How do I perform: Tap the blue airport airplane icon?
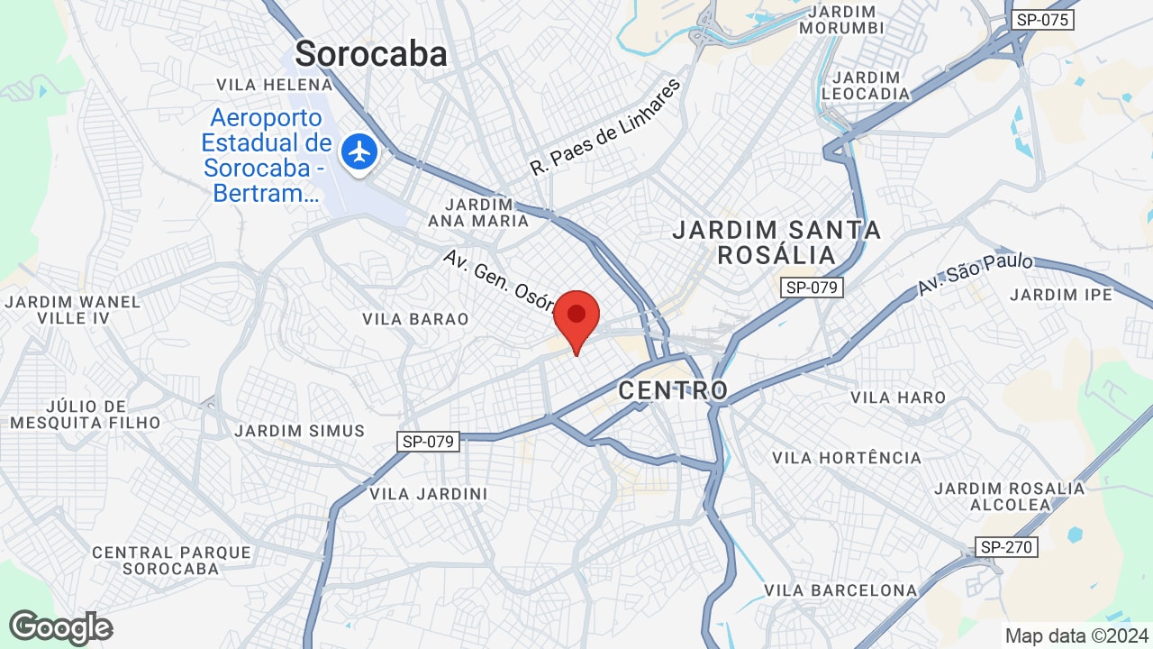point(360,151)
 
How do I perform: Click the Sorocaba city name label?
point(371,54)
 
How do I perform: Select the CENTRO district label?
point(673,390)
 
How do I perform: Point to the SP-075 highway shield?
point(1043,19)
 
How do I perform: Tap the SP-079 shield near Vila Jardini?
point(429,442)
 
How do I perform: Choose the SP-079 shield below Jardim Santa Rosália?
point(812,288)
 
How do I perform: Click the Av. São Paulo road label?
point(976,275)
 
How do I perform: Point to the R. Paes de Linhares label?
point(604,127)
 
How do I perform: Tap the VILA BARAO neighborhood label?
point(415,319)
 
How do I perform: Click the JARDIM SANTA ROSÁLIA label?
point(776,242)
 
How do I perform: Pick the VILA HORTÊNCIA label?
point(847,458)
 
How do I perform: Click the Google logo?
point(60,627)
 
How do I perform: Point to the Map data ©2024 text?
point(1077,635)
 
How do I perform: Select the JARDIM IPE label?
point(1061,295)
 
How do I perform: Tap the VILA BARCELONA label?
point(840,590)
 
